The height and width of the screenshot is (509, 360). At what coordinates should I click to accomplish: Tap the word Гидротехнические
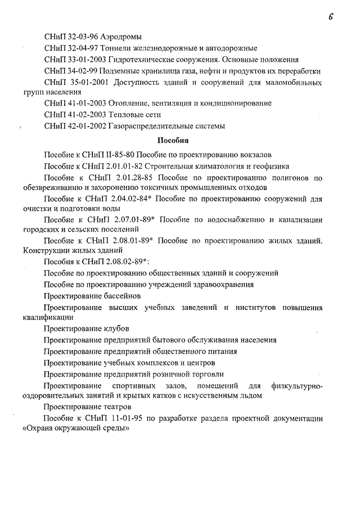[141, 59]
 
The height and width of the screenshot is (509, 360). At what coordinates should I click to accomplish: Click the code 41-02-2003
[85, 115]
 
